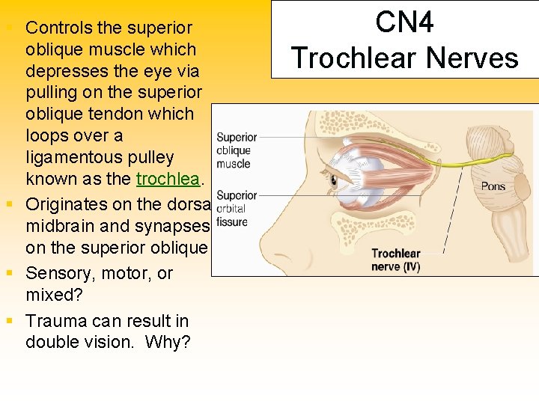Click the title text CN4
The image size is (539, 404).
404,22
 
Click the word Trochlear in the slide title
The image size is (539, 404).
348,58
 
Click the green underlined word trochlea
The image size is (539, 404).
168,179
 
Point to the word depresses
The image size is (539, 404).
64,71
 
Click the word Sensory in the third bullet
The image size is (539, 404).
59,273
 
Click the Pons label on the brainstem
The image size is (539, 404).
493,186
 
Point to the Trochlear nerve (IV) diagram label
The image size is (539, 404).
396,260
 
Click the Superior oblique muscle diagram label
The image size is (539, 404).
235,150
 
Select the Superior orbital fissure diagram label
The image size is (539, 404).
236,209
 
